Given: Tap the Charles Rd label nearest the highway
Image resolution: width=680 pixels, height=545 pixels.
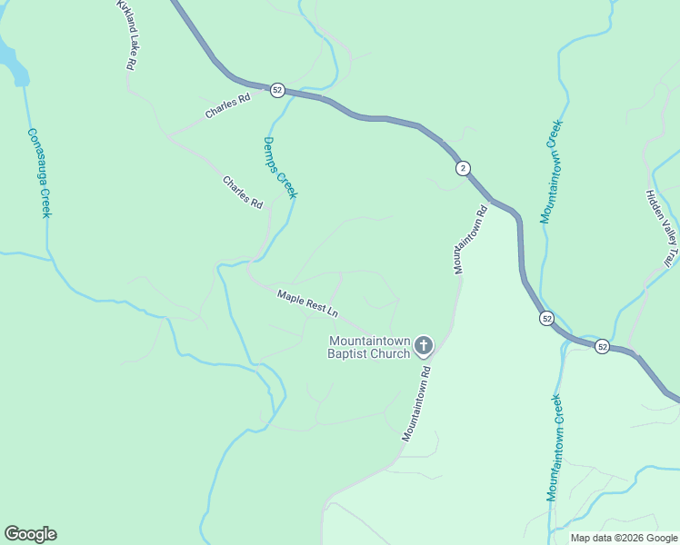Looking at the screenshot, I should (227, 106).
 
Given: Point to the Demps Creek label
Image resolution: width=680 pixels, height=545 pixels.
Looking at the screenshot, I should (280, 167).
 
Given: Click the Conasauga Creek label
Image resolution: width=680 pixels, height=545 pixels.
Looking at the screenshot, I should (37, 170).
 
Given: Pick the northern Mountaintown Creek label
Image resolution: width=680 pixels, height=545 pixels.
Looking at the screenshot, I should (552, 171).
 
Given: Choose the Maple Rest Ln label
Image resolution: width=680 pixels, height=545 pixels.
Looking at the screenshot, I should (307, 303).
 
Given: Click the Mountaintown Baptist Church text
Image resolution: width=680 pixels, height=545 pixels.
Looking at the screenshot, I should (368, 347).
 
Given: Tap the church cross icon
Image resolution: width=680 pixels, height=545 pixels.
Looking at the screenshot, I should (423, 345).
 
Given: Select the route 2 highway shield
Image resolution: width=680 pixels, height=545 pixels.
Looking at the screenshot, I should (463, 168).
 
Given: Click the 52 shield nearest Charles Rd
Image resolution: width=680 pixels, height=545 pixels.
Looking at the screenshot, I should (277, 90).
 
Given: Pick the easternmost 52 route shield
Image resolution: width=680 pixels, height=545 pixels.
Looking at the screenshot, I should (602, 346).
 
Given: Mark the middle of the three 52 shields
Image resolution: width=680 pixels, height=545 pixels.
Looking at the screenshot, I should (545, 318).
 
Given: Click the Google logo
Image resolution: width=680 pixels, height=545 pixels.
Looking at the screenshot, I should (30, 534).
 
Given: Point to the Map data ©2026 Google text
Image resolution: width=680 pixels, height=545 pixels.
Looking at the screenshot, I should (624, 538).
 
